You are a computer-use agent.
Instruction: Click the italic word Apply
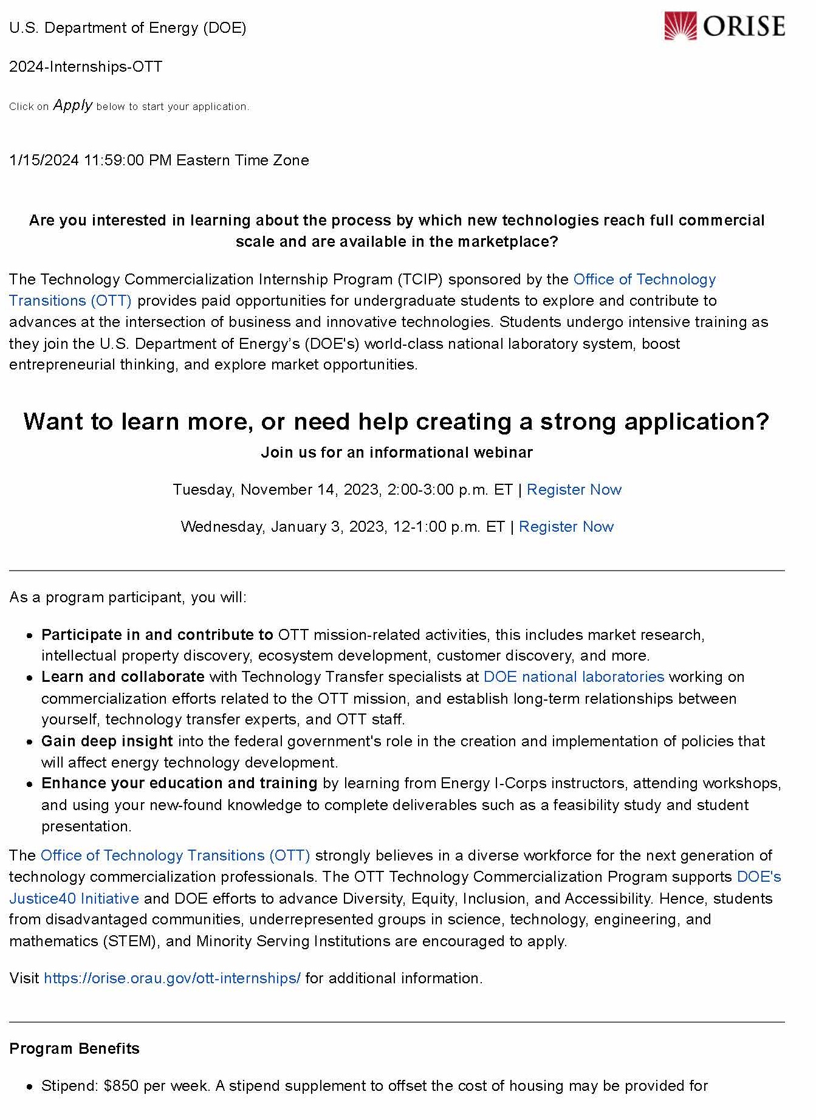click(x=73, y=105)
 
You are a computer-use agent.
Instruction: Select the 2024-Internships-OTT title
click(x=86, y=66)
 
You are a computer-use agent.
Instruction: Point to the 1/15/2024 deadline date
click(x=44, y=160)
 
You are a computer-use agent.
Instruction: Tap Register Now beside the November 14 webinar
click(x=574, y=490)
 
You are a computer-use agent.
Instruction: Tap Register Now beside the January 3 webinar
click(x=566, y=527)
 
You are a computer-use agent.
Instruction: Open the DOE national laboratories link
click(x=574, y=677)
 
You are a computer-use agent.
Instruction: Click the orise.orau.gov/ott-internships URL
click(x=172, y=978)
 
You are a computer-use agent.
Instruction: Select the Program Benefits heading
click(x=75, y=1049)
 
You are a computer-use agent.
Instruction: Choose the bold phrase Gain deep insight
click(x=107, y=741)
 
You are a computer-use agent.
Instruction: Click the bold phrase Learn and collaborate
click(x=123, y=677)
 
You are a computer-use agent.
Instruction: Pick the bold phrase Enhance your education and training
click(x=179, y=783)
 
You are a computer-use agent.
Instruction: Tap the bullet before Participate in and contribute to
click(x=30, y=636)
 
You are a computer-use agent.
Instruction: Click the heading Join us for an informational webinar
click(x=397, y=453)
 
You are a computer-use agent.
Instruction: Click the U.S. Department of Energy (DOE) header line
click(x=128, y=28)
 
